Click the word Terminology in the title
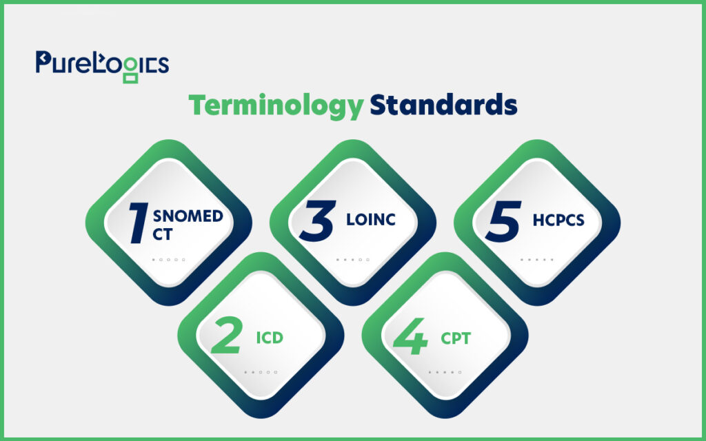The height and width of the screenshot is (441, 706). [x=276, y=106]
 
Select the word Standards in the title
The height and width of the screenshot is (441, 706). [x=443, y=105]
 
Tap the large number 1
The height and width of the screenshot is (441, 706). [x=139, y=223]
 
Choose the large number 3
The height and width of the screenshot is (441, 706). [x=318, y=221]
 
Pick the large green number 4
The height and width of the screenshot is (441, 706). [x=411, y=336]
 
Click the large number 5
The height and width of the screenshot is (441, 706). [x=503, y=221]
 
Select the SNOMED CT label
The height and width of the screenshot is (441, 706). [x=188, y=225]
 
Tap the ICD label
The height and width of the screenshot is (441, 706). [x=270, y=338]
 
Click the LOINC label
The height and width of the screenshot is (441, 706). [x=371, y=220]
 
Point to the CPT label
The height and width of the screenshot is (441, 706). [x=456, y=338]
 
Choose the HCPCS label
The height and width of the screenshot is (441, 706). [x=558, y=220]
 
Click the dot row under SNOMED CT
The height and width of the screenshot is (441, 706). [x=169, y=260]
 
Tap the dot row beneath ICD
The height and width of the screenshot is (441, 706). [x=261, y=372]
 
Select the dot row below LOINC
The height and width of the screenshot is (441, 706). [x=353, y=260]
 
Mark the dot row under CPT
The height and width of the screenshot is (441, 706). [x=445, y=372]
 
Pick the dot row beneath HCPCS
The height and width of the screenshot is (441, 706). [x=537, y=260]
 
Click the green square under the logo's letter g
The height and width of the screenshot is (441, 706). [x=130, y=79]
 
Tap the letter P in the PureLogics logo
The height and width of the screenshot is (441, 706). [x=43, y=61]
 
